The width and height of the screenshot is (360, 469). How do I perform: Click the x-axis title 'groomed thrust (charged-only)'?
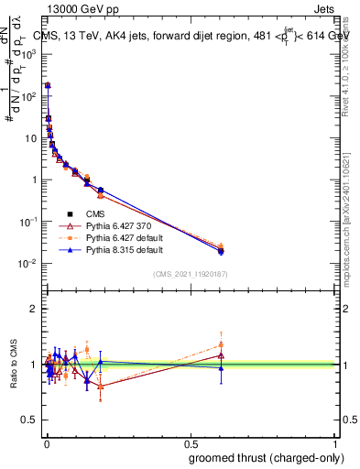(266, 457)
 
